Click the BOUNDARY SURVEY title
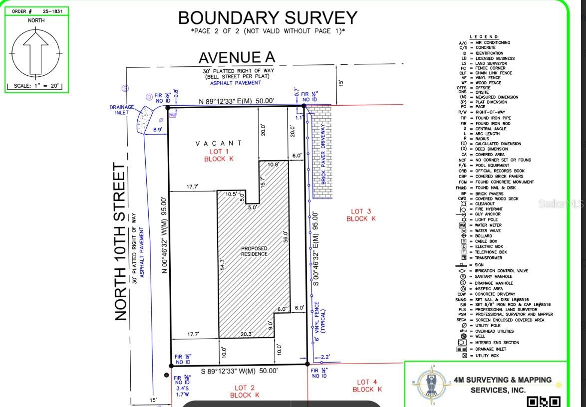click(268, 18)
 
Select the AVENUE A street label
click(237, 57)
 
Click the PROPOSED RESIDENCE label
click(254, 251)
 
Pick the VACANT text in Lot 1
click(219, 143)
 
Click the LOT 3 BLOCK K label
click(360, 215)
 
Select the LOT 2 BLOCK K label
click(245, 391)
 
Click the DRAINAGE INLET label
click(122, 110)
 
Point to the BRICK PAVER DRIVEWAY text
click(323, 154)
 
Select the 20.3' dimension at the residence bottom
click(246, 334)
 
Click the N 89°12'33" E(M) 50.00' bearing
click(236, 101)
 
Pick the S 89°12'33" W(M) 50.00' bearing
click(239, 371)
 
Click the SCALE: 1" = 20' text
click(36, 86)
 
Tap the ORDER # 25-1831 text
click(36, 11)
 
